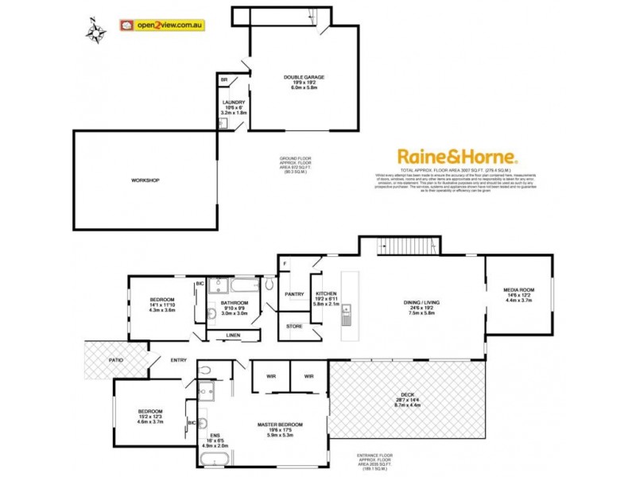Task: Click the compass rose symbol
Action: [98, 31]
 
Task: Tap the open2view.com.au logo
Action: [164, 25]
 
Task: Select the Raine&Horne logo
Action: [457, 157]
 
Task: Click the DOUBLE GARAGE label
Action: [304, 77]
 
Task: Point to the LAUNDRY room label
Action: [234, 103]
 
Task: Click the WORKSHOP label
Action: [145, 181]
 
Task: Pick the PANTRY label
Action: [295, 294]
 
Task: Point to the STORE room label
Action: [294, 326]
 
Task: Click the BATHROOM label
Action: [235, 303]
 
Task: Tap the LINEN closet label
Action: [233, 335]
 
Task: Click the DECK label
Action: [406, 399]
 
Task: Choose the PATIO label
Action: [116, 360]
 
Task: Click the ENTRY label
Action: [179, 360]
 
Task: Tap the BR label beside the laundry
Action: [224, 80]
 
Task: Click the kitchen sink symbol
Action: [347, 320]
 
